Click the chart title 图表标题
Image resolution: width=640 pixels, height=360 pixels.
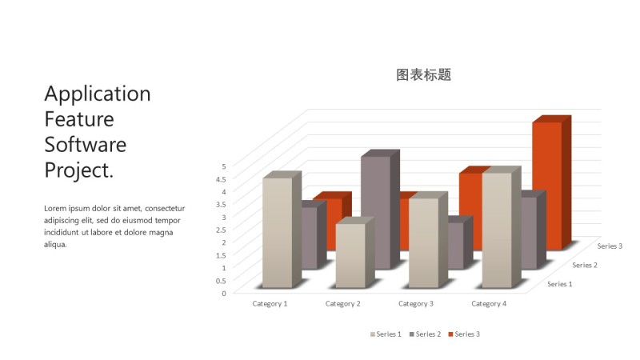[x=424, y=75]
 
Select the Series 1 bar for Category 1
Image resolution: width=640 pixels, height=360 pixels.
[x=277, y=232]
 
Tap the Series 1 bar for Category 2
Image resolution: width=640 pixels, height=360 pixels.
[x=350, y=255]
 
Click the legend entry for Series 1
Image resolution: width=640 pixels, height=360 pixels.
[x=386, y=334]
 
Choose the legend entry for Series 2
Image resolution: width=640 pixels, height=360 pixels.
[x=426, y=334]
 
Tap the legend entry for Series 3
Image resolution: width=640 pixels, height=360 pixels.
[x=464, y=334]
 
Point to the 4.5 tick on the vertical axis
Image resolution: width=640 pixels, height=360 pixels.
[x=223, y=179]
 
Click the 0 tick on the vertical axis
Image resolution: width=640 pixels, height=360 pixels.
[x=224, y=293]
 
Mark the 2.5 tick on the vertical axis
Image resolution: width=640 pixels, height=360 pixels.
[x=223, y=230]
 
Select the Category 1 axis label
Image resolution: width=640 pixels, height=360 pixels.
[x=270, y=304]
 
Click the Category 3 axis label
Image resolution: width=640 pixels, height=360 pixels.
[x=416, y=304]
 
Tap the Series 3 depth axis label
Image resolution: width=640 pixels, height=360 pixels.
[x=610, y=246]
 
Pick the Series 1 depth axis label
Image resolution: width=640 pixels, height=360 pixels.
[x=559, y=284]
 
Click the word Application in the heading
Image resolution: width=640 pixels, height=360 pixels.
[x=98, y=94]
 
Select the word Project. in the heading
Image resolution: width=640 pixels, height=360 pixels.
[x=78, y=170]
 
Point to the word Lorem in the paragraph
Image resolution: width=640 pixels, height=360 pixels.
[x=55, y=208]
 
